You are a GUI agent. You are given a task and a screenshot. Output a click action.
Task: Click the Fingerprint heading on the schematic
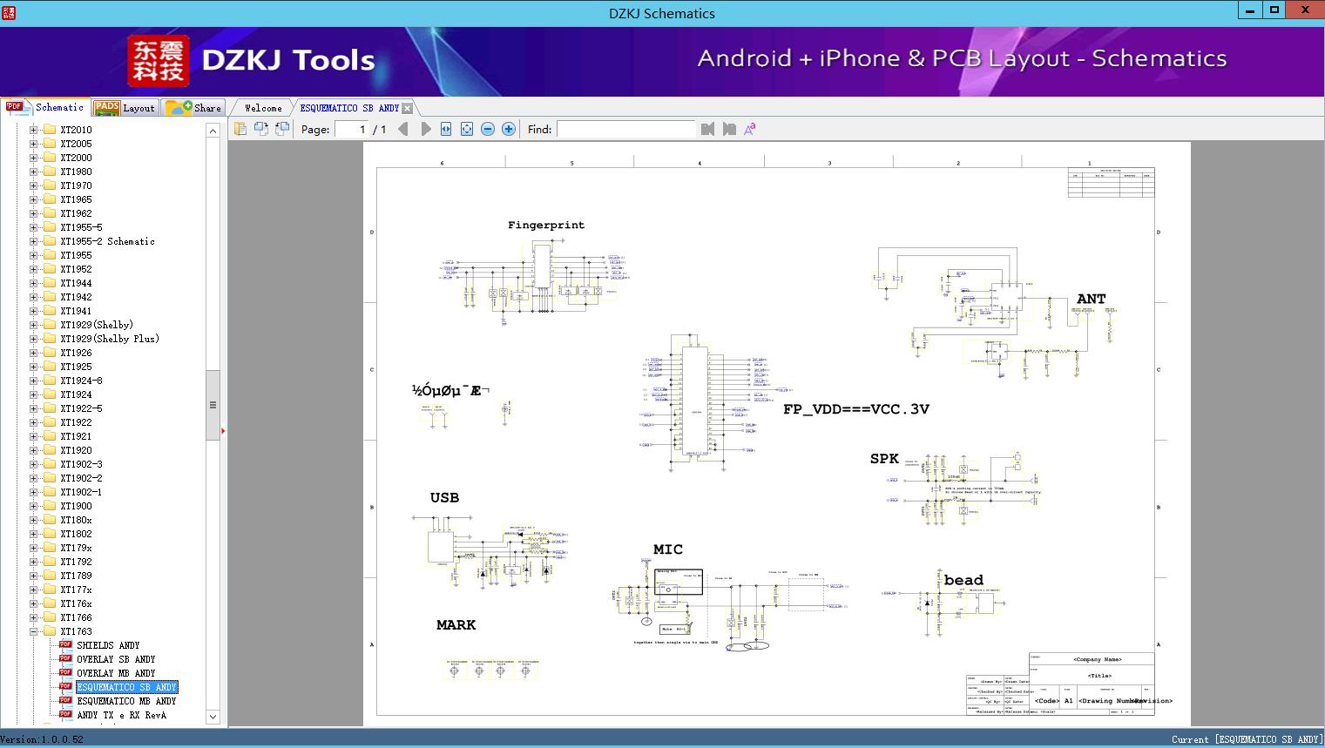(546, 225)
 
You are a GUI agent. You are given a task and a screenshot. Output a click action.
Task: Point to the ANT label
(1091, 299)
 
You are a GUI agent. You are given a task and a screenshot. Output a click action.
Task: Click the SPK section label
(883, 459)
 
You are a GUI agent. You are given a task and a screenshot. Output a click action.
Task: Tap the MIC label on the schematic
(667, 549)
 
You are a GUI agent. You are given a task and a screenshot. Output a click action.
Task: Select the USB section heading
(444, 497)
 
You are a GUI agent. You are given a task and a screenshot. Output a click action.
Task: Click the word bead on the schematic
(963, 580)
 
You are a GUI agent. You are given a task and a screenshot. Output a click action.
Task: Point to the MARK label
(456, 624)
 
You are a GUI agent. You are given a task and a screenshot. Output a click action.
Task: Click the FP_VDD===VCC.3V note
(855, 408)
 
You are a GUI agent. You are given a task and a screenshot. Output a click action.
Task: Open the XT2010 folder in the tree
(76, 130)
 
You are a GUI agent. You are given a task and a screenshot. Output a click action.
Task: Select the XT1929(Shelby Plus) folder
(109, 339)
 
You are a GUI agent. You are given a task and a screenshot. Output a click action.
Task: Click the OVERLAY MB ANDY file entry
(116, 673)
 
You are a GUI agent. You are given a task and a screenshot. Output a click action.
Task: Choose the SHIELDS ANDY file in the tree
(108, 645)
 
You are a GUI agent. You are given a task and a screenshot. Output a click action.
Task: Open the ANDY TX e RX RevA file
(121, 715)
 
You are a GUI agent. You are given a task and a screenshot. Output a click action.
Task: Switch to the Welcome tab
(263, 108)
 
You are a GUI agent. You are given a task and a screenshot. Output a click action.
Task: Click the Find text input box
(625, 129)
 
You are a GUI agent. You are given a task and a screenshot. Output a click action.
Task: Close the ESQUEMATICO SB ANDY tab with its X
(407, 109)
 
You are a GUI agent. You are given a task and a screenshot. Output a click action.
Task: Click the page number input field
(351, 129)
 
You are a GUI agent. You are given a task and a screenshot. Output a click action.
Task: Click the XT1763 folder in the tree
(76, 631)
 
